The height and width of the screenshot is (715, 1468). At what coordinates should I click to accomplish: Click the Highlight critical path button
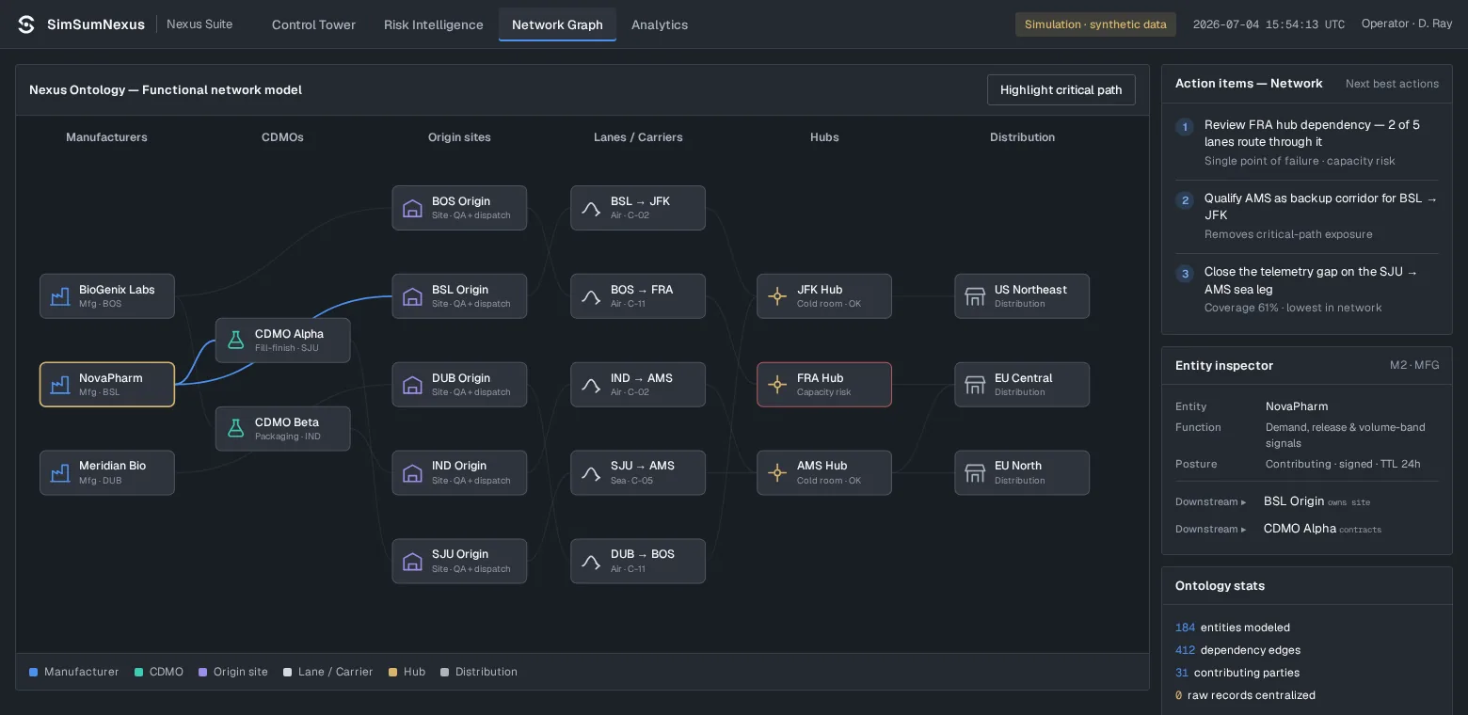[x=1061, y=89]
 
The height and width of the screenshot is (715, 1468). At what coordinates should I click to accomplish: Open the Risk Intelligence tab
[x=433, y=24]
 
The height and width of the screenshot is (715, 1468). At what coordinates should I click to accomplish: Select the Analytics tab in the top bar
[x=660, y=24]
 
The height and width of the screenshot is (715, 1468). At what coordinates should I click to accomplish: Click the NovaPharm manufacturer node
[x=107, y=384]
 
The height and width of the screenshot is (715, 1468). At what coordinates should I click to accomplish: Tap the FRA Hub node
[x=823, y=384]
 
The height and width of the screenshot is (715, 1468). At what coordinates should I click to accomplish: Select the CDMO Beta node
[x=282, y=429]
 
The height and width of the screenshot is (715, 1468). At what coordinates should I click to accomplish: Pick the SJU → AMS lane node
[x=638, y=472]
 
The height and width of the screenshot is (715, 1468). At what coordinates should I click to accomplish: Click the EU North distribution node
[x=1022, y=472]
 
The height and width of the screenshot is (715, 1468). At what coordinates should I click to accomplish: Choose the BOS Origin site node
[x=459, y=208]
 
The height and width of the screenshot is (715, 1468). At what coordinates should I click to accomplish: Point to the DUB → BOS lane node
[x=638, y=561]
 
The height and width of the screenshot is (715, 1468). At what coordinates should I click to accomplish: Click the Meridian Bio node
[x=107, y=472]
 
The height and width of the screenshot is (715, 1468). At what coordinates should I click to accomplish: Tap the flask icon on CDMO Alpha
[x=236, y=340]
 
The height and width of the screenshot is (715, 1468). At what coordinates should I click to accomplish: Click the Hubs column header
[x=823, y=137]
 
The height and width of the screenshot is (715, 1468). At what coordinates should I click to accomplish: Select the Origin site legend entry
[x=232, y=672]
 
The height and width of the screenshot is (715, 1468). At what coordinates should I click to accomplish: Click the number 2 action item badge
[x=1185, y=199]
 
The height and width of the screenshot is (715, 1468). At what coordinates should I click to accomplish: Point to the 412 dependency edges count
[x=1185, y=650]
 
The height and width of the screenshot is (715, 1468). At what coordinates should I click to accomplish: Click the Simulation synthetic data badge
[x=1095, y=24]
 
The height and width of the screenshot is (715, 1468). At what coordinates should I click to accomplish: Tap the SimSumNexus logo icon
[x=26, y=24]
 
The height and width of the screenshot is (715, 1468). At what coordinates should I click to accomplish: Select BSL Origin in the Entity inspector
[x=1294, y=501]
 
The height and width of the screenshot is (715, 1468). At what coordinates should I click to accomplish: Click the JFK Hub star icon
[x=777, y=296]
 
